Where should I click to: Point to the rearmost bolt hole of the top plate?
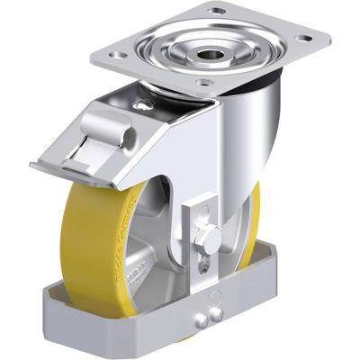220,12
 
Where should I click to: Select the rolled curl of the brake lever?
124,136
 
